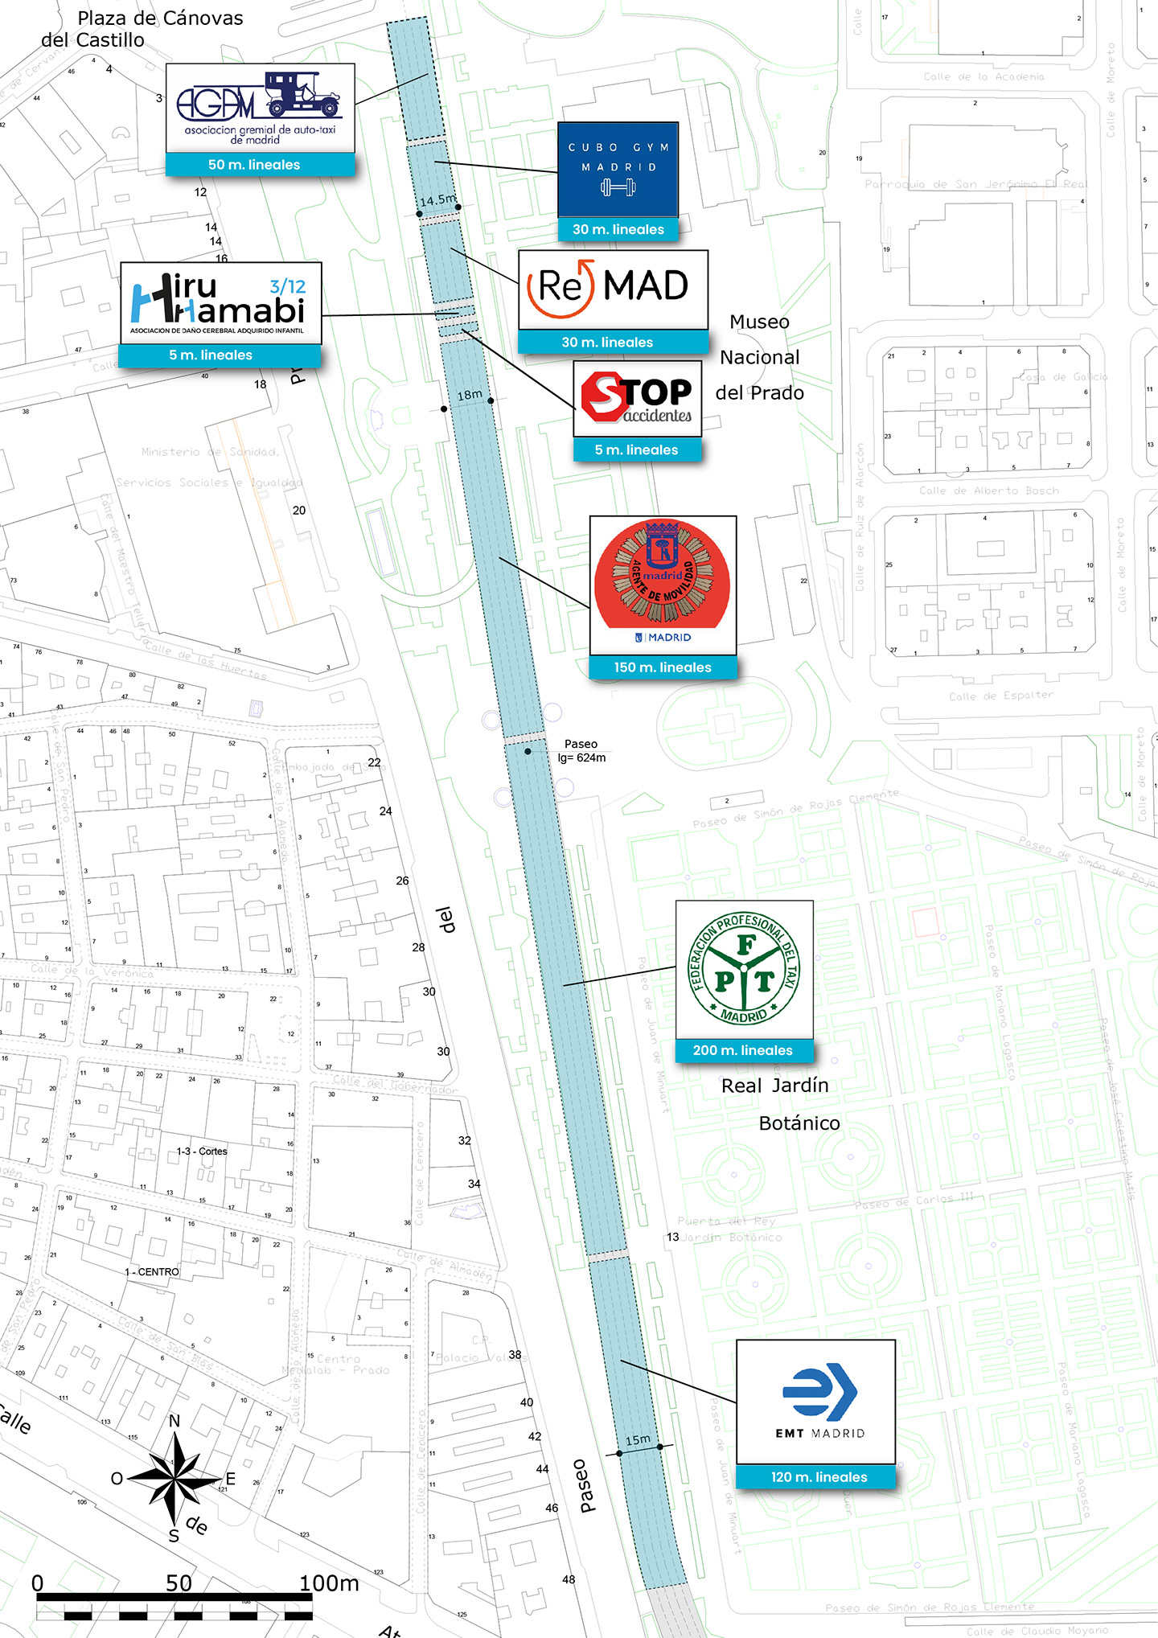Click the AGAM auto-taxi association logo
click(260, 108)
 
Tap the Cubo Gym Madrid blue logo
click(618, 170)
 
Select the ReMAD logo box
click(613, 289)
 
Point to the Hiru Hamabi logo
click(220, 303)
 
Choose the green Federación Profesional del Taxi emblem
click(744, 969)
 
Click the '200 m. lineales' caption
click(743, 1050)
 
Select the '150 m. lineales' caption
click(663, 667)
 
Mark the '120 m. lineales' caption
click(819, 1477)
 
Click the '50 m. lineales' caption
click(254, 165)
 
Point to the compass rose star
click(175, 1477)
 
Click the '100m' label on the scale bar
click(329, 1583)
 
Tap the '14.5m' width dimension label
click(437, 199)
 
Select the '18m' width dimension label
click(470, 395)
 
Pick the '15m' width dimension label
click(638, 1439)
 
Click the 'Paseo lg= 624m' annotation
click(581, 751)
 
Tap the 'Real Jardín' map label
click(774, 1086)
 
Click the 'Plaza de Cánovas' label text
click(160, 18)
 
